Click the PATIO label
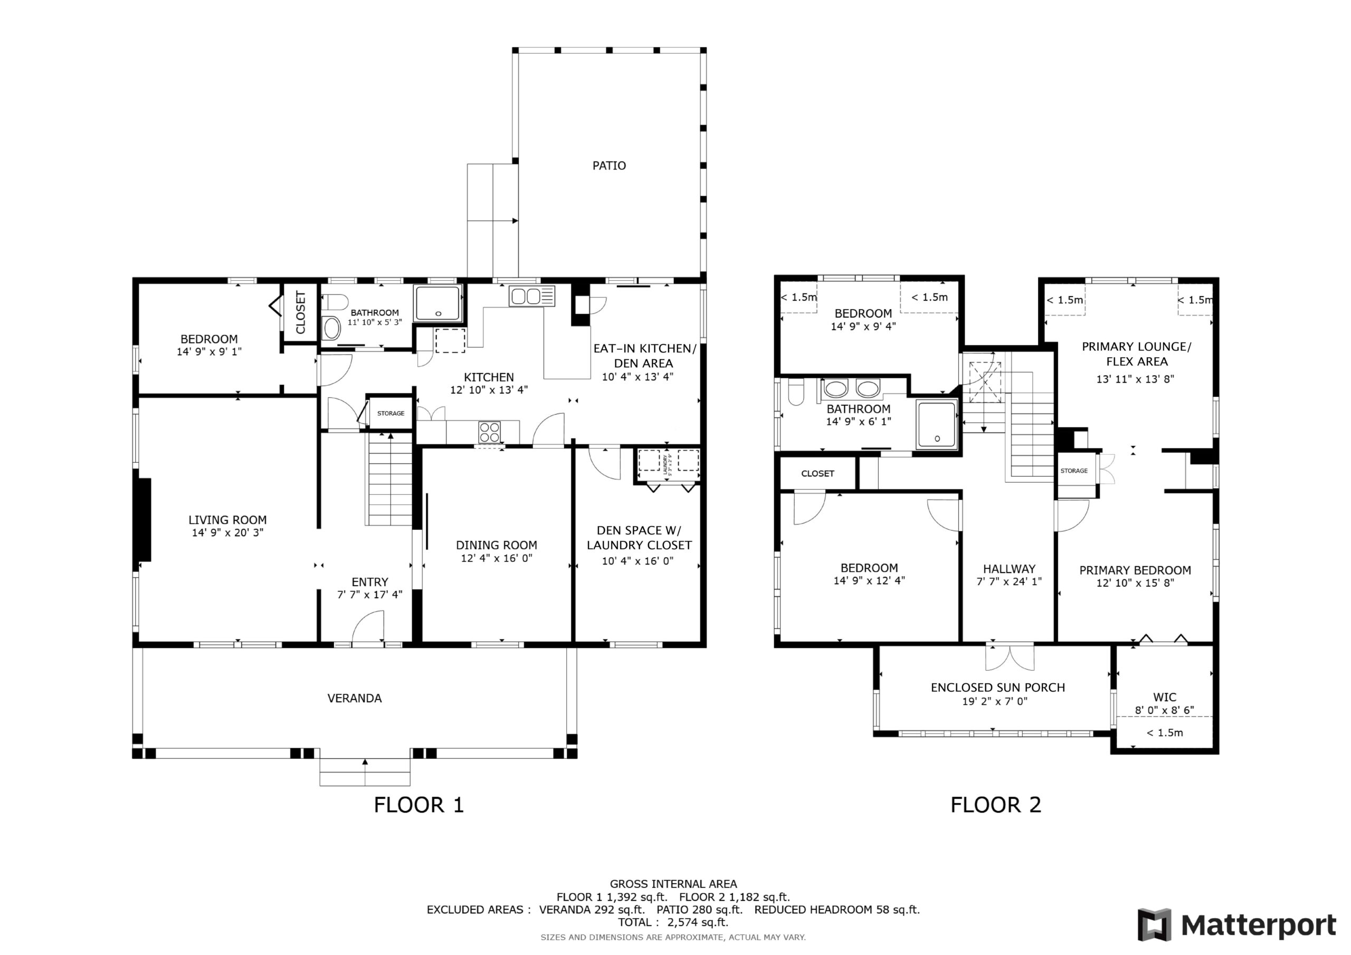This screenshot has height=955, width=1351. tap(609, 166)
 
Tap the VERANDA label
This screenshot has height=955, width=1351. tap(354, 699)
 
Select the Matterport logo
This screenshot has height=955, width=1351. tap(1237, 925)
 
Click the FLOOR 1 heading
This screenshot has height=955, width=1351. tap(419, 805)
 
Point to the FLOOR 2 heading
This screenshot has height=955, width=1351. tap(996, 805)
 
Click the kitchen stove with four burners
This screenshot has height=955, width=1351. tap(490, 433)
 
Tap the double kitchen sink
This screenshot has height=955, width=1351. tap(532, 296)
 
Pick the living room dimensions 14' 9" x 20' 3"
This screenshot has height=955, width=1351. tap(227, 533)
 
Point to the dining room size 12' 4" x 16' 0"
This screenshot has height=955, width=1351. tap(496, 558)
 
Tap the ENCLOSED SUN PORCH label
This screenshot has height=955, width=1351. tap(998, 687)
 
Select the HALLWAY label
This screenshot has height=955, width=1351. tap(1009, 569)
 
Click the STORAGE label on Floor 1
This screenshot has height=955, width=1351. tap(391, 414)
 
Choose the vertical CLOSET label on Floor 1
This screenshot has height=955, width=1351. tap(301, 312)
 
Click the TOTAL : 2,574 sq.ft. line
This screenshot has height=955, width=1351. tap(673, 923)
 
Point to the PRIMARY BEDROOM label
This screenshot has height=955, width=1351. tap(1135, 570)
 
